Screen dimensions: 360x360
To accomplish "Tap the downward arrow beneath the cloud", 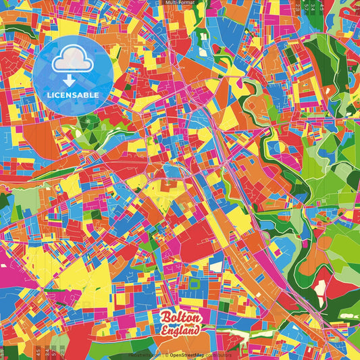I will (x=70, y=80).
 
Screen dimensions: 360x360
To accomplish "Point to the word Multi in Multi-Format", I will (x=170, y=3).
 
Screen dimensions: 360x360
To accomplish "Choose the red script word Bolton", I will (x=180, y=317).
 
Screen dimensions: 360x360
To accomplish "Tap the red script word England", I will (x=180, y=330).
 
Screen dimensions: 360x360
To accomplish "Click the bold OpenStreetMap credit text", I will (x=188, y=355).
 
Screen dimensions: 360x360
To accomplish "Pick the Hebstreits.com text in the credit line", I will (x=144, y=355).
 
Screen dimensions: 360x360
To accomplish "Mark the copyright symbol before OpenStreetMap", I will (x=166, y=355).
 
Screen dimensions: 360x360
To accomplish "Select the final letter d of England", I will (x=197, y=330).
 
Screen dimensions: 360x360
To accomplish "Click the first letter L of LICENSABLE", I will (x=49, y=94).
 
